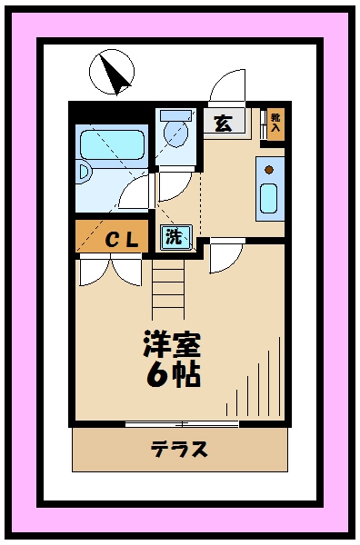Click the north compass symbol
(x=112, y=72)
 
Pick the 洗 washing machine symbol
(x=174, y=238)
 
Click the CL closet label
(x=120, y=240)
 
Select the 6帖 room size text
(x=173, y=374)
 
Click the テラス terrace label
(x=179, y=448)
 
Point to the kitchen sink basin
(x=269, y=198)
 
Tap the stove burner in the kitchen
(x=269, y=167)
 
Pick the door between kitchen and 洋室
(x=224, y=257)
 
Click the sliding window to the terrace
(x=182, y=423)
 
